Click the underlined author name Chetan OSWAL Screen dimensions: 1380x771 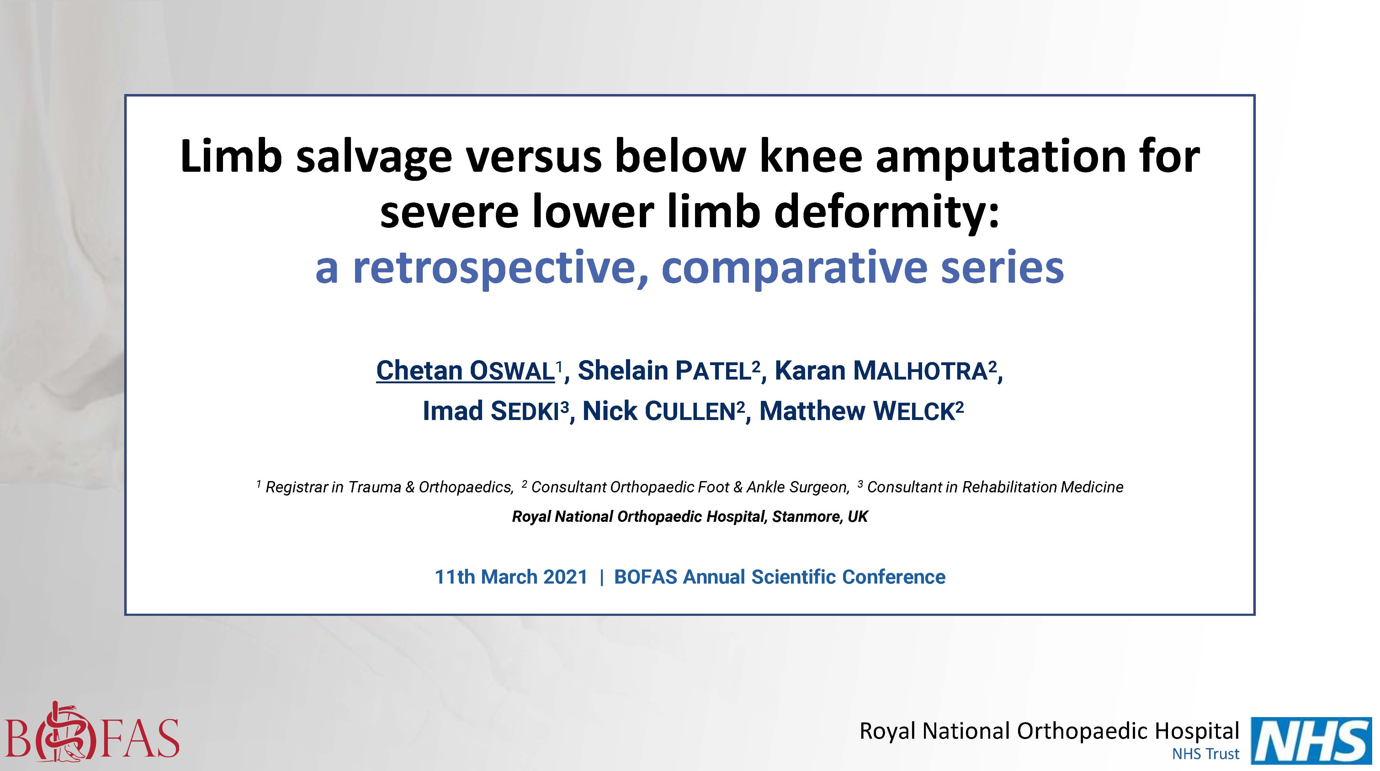(465, 370)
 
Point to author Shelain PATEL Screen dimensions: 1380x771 (664, 370)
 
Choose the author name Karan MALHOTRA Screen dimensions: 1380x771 (881, 370)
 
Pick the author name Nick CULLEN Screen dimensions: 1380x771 (659, 411)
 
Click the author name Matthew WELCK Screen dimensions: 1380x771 (857, 411)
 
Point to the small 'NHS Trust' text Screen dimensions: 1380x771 (1205, 754)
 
